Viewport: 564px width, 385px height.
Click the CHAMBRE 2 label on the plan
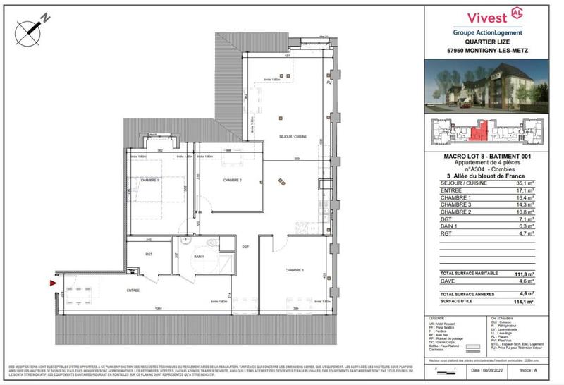coord(233,181)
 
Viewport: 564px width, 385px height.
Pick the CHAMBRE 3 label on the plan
coord(295,270)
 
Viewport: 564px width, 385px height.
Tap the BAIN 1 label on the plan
coord(199,257)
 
